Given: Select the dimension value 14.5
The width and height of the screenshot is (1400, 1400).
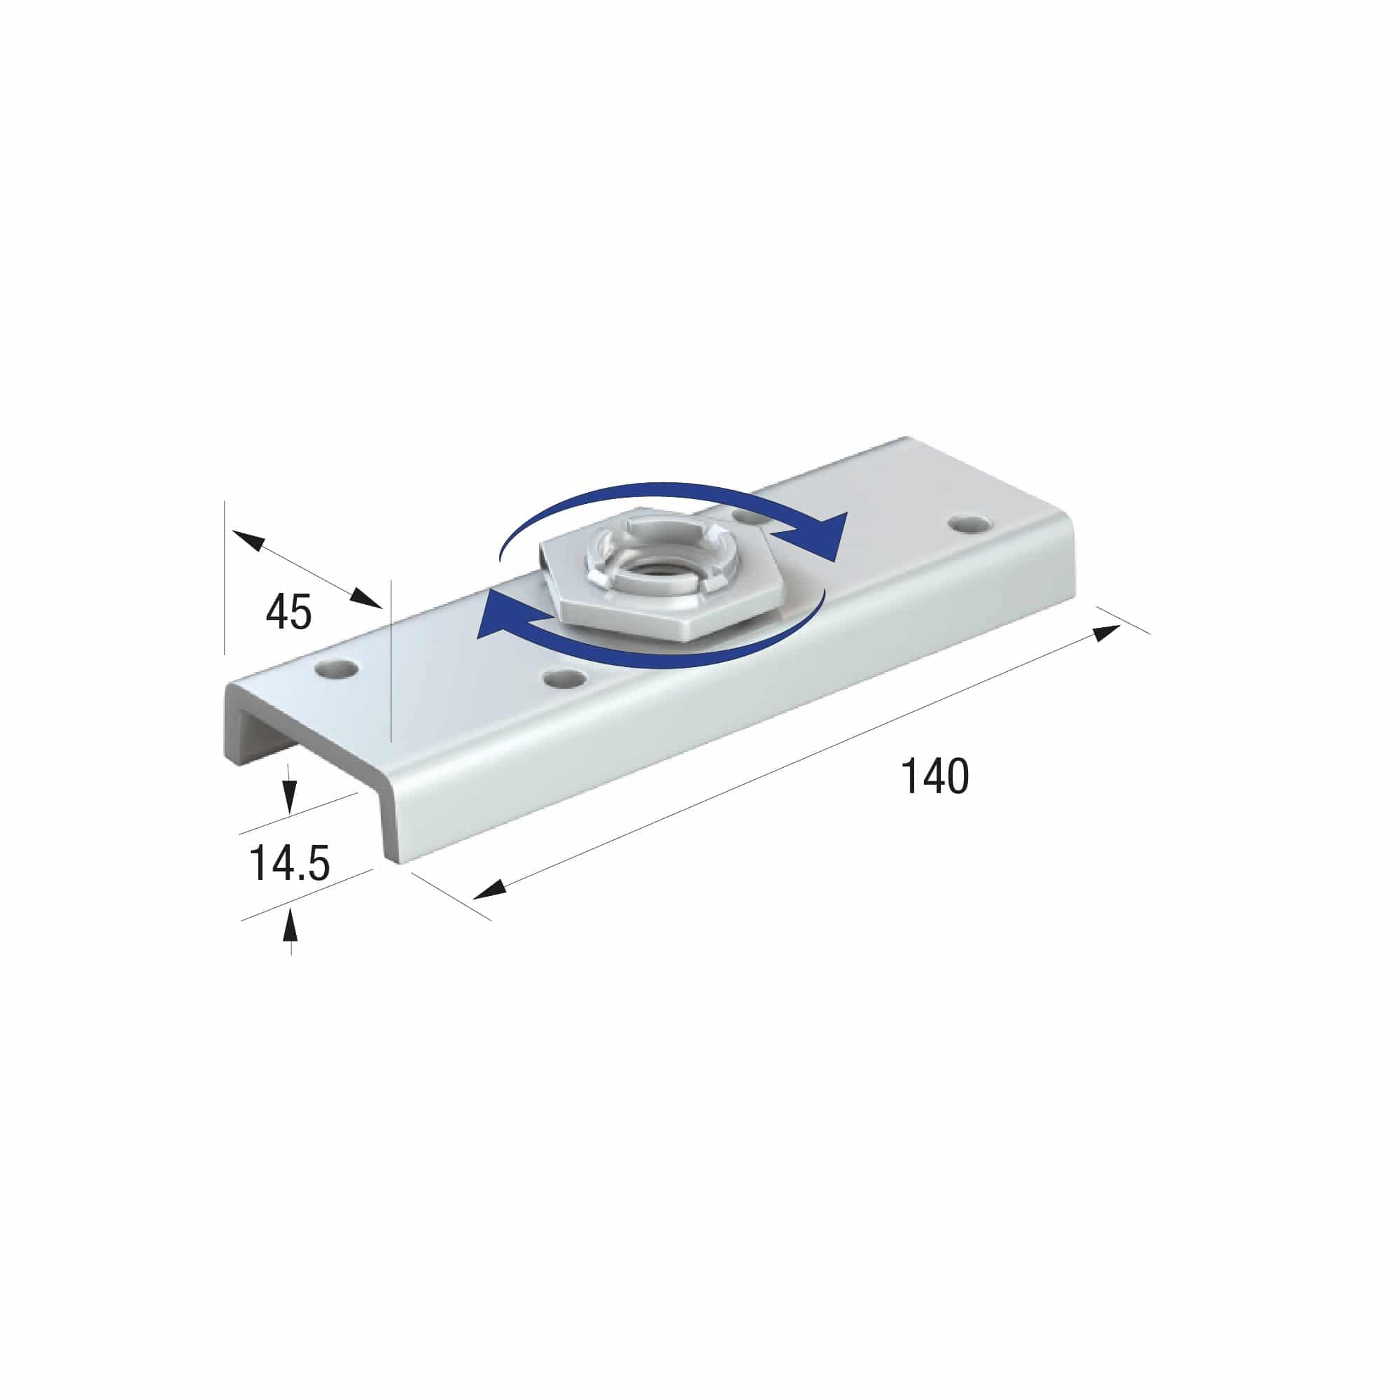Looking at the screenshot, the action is [x=289, y=863].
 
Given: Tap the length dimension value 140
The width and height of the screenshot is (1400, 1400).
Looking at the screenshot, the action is [x=934, y=776].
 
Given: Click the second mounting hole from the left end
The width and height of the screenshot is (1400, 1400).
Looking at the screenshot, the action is [x=564, y=679].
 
